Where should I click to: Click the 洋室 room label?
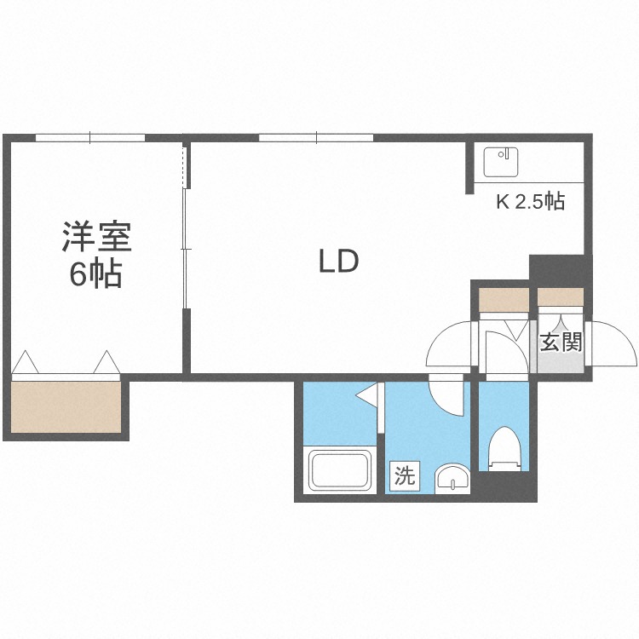[96, 237]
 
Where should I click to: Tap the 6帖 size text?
[96, 274]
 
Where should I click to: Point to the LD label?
[338, 262]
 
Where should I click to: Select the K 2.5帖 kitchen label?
[529, 202]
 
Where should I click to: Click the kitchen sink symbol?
[501, 160]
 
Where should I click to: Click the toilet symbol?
[504, 449]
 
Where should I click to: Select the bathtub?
[339, 469]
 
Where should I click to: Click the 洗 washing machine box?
[405, 475]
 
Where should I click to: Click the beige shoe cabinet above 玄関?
[560, 297]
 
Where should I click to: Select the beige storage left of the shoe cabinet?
[503, 300]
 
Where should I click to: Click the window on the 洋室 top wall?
[89, 137]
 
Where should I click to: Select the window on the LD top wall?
[315, 137]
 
